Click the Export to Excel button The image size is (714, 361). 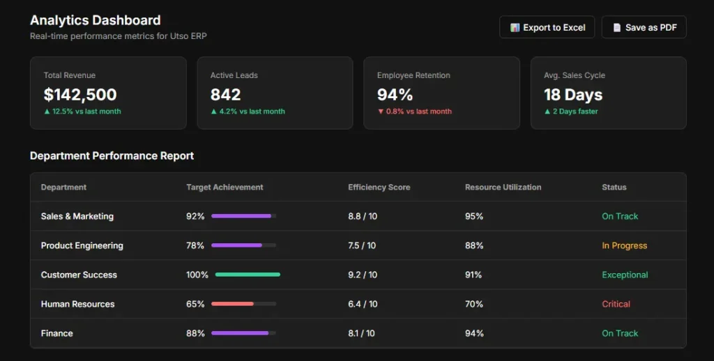pyautogui.click(x=547, y=27)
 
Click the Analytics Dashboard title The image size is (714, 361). pyautogui.click(x=95, y=20)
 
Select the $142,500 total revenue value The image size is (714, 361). pyautogui.click(x=80, y=95)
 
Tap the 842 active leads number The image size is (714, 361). pyautogui.click(x=225, y=95)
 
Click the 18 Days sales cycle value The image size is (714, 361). pyautogui.click(x=572, y=95)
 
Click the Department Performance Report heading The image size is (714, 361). pyautogui.click(x=112, y=156)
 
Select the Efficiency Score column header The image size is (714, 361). pyautogui.click(x=379, y=187)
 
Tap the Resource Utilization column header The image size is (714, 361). pyautogui.click(x=503, y=187)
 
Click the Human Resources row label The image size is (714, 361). pyautogui.click(x=77, y=305)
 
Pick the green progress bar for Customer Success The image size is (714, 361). pyautogui.click(x=248, y=275)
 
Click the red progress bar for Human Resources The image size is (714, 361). pyautogui.click(x=233, y=304)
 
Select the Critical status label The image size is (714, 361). pyautogui.click(x=616, y=305)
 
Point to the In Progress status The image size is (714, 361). pyautogui.click(x=624, y=246)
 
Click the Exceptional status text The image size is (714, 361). pyautogui.click(x=625, y=275)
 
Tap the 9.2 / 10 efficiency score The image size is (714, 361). pyautogui.click(x=363, y=275)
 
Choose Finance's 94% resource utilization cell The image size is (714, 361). pyautogui.click(x=474, y=334)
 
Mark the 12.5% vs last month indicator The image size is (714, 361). pyautogui.click(x=82, y=112)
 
